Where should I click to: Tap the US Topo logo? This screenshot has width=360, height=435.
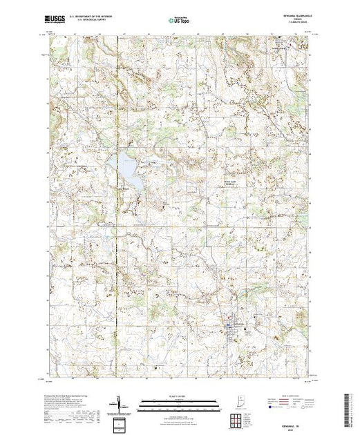tap(180, 19)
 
